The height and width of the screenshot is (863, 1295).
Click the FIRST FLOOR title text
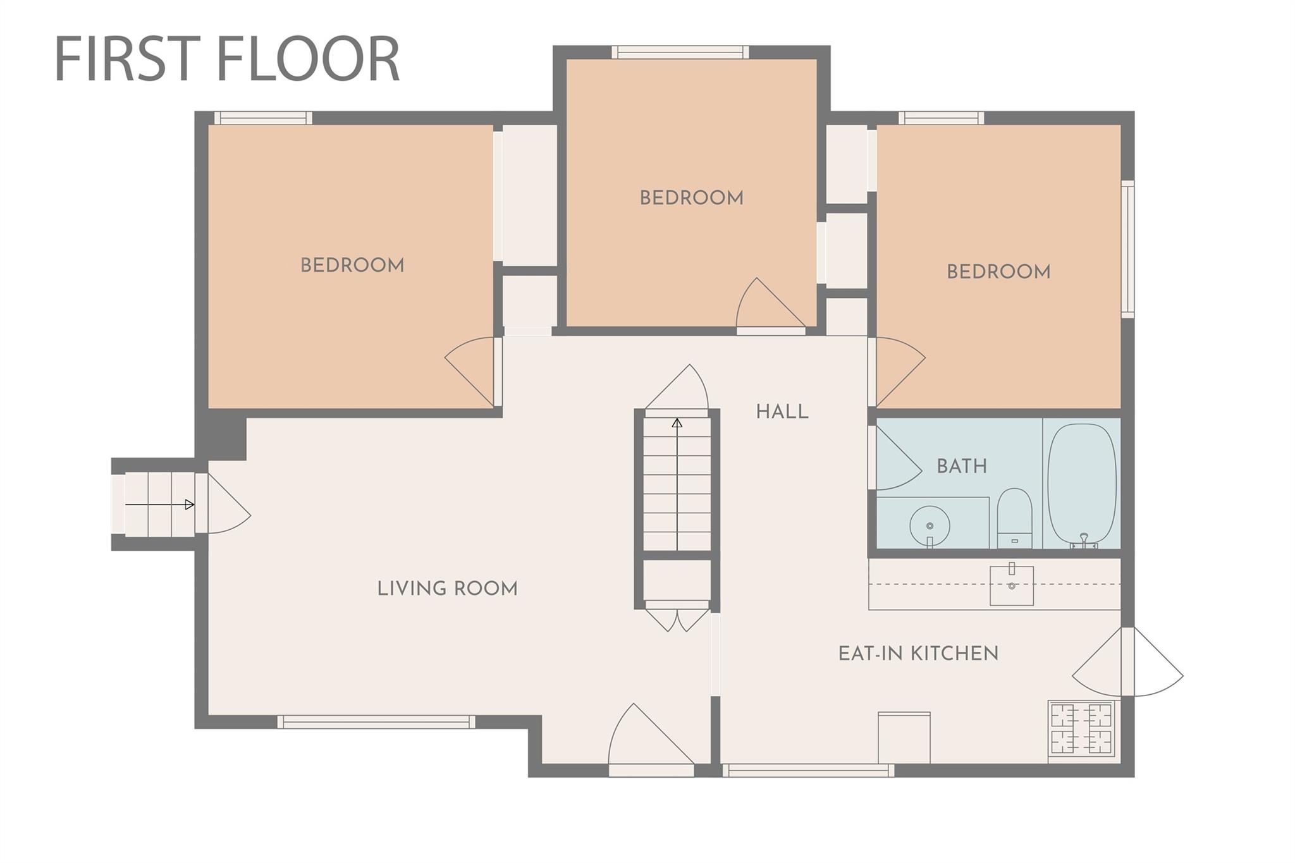pyautogui.click(x=228, y=59)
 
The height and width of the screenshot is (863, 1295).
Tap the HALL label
pyautogui.click(x=782, y=412)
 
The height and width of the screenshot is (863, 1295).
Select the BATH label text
pyautogui.click(x=962, y=467)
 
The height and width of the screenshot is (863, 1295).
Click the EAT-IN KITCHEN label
pyautogui.click(x=918, y=654)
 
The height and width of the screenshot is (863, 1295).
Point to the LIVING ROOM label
pyautogui.click(x=448, y=589)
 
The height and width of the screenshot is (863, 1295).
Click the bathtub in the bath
pyautogui.click(x=1082, y=485)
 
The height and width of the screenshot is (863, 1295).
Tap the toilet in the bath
pyautogui.click(x=1015, y=518)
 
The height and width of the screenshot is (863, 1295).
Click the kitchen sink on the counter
pyautogui.click(x=1012, y=585)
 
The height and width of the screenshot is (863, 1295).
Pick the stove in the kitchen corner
pyautogui.click(x=1081, y=728)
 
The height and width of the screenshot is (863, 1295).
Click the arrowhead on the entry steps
pyautogui.click(x=190, y=505)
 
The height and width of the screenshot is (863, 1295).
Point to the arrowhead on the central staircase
pyautogui.click(x=677, y=423)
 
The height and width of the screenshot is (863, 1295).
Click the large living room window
pyautogui.click(x=376, y=722)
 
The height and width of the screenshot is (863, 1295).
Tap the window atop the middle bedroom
pyautogui.click(x=680, y=52)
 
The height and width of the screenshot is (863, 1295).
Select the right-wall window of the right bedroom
pyautogui.click(x=1128, y=249)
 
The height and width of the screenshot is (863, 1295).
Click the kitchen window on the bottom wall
pyautogui.click(x=808, y=771)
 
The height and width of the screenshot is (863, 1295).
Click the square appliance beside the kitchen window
pyautogui.click(x=904, y=738)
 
